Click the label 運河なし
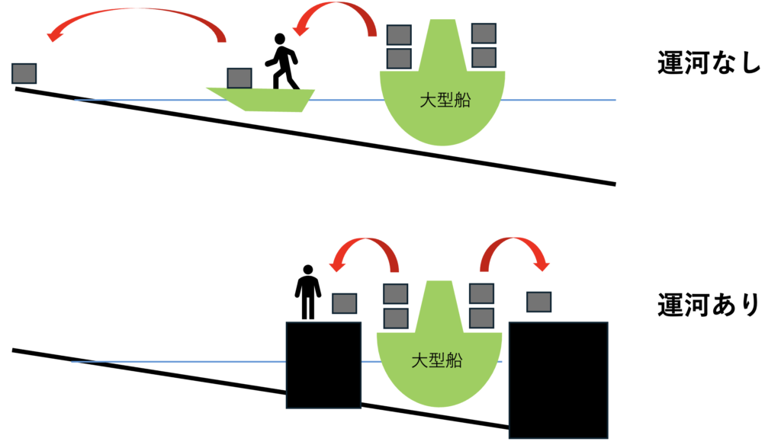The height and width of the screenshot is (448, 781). (709, 63)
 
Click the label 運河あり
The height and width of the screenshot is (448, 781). (709, 305)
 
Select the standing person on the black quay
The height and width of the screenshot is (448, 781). (307, 293)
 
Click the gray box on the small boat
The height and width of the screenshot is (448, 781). (239, 78)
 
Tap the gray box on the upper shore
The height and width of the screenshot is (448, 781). (24, 73)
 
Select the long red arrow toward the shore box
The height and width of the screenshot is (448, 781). (137, 21)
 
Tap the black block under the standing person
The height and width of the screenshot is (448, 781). (323, 366)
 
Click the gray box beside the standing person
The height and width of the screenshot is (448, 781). (345, 303)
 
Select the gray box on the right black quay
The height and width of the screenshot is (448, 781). (539, 301)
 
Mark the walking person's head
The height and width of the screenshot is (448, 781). (280, 39)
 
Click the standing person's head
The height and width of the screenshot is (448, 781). (307, 270)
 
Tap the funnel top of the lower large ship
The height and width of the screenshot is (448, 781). (435, 287)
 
